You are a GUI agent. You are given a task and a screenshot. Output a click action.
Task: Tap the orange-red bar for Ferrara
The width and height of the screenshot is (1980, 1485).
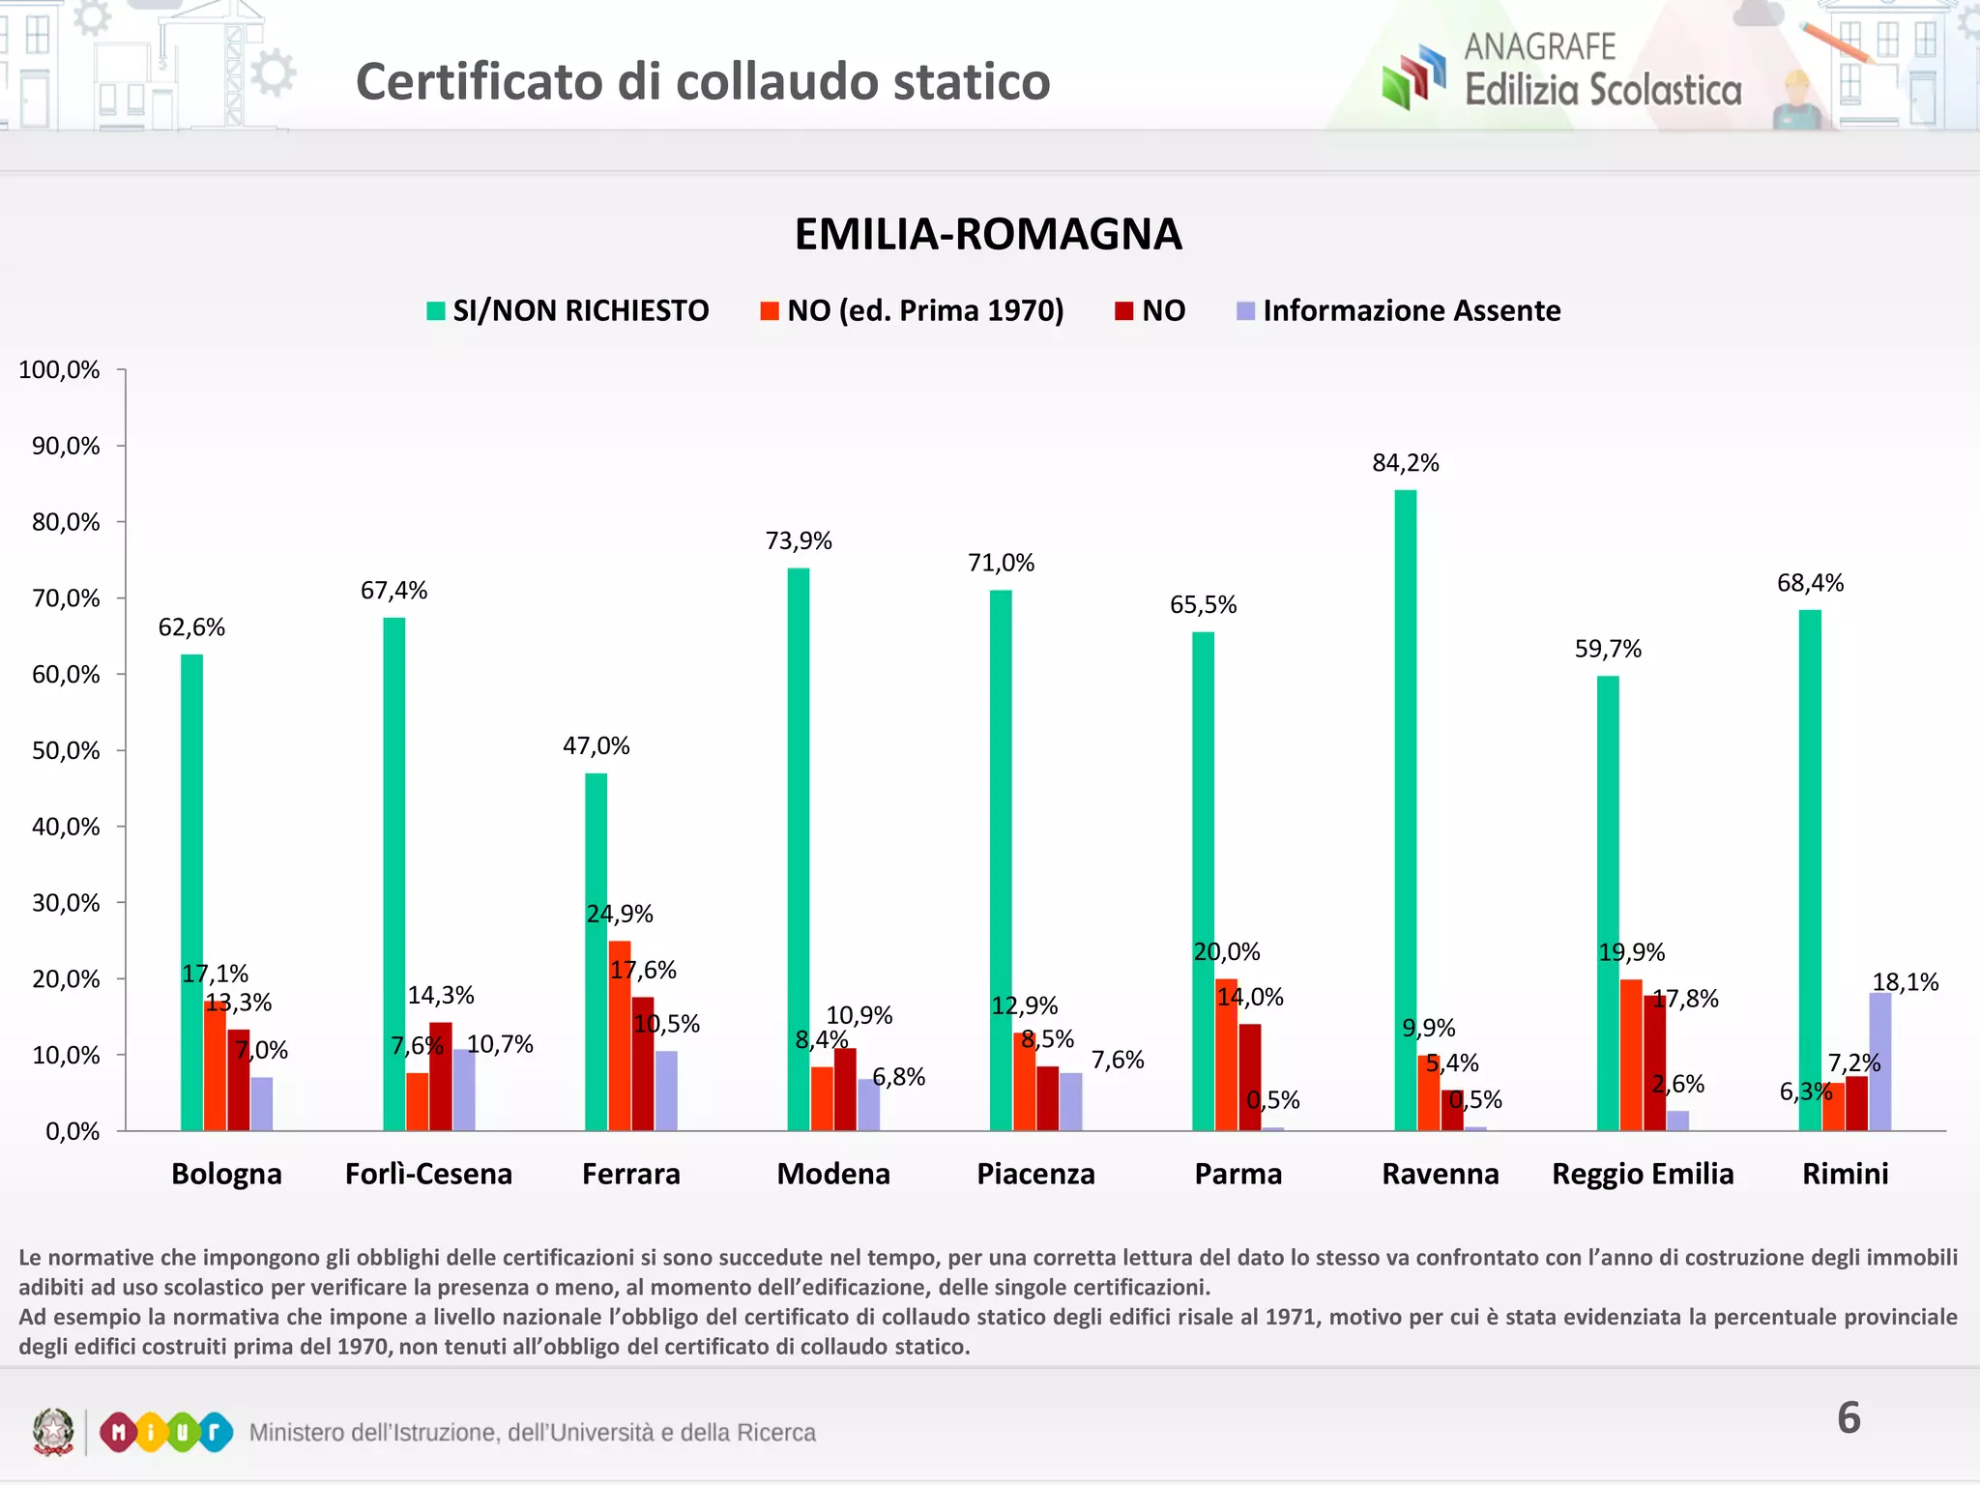(x=620, y=1035)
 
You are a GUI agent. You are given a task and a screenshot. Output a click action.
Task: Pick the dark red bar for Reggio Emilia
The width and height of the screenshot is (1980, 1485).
(x=1654, y=1063)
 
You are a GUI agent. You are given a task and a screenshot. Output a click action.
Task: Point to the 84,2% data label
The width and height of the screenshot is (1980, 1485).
(x=1405, y=463)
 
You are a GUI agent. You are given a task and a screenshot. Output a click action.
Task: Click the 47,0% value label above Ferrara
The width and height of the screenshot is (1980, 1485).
(x=596, y=745)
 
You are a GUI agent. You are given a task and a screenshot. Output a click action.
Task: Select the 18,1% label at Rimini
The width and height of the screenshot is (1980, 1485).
(x=1905, y=982)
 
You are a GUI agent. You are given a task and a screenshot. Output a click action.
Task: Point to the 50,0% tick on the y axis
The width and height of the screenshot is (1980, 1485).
(x=66, y=750)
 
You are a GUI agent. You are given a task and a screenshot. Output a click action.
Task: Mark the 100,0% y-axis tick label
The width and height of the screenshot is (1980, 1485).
(x=59, y=370)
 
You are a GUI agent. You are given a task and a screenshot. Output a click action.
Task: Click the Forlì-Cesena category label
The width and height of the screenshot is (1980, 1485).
(x=428, y=1174)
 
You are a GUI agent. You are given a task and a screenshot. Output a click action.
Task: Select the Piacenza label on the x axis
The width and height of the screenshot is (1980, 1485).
(x=1035, y=1174)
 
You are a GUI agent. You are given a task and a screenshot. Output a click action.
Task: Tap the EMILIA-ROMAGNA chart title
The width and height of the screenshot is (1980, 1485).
(x=988, y=234)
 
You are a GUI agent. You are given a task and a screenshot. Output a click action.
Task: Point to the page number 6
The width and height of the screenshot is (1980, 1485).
(x=1848, y=1418)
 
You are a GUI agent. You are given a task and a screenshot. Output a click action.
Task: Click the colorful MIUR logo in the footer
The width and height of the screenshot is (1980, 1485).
(x=165, y=1432)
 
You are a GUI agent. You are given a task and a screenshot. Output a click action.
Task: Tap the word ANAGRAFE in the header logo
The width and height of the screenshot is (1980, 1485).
(x=1539, y=46)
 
